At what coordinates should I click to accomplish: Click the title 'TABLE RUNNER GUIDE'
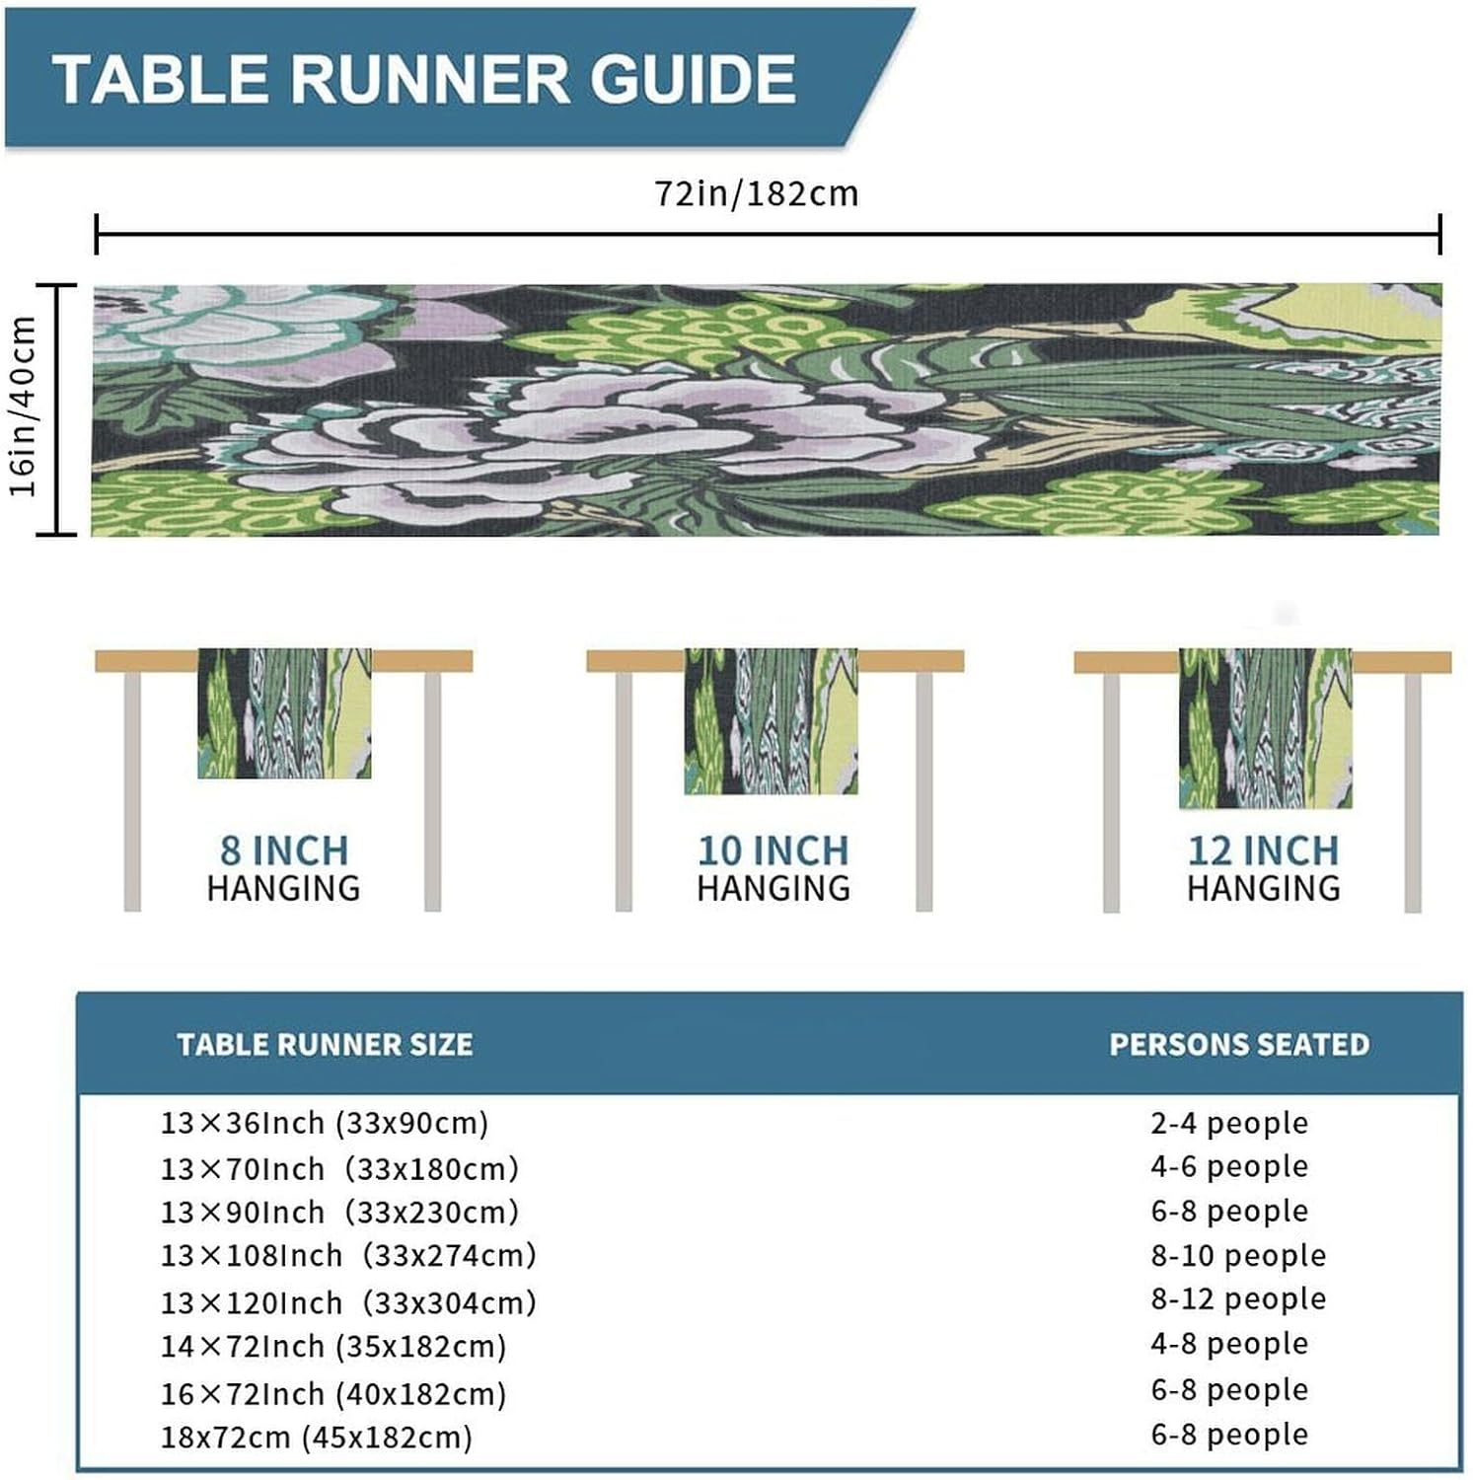click(x=424, y=78)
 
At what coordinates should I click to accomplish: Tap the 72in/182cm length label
click(x=757, y=193)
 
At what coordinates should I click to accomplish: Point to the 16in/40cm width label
click(x=24, y=407)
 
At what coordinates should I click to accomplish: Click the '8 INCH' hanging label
click(x=284, y=850)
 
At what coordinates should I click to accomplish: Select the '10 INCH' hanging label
click(x=773, y=850)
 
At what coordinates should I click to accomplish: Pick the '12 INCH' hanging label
click(x=1263, y=850)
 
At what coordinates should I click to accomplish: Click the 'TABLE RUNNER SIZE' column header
click(x=325, y=1045)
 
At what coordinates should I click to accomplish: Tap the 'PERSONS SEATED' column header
click(x=1239, y=1045)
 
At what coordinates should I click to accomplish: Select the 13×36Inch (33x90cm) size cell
click(x=325, y=1123)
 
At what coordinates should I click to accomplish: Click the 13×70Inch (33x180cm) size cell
click(x=339, y=1168)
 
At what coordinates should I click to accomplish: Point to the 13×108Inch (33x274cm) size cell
click(x=348, y=1255)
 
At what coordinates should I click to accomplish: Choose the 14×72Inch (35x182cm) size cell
click(x=333, y=1346)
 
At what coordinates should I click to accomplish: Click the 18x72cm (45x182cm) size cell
click(x=317, y=1437)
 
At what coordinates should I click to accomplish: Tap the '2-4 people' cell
click(x=1229, y=1123)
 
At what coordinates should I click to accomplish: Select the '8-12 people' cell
click(x=1238, y=1298)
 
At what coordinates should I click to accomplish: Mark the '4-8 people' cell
click(x=1229, y=1343)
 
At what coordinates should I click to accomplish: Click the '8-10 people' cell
click(x=1238, y=1255)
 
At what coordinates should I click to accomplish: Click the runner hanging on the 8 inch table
click(x=284, y=713)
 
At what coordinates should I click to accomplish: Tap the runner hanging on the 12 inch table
click(x=1266, y=729)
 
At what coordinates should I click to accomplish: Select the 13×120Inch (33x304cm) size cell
click(x=348, y=1302)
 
